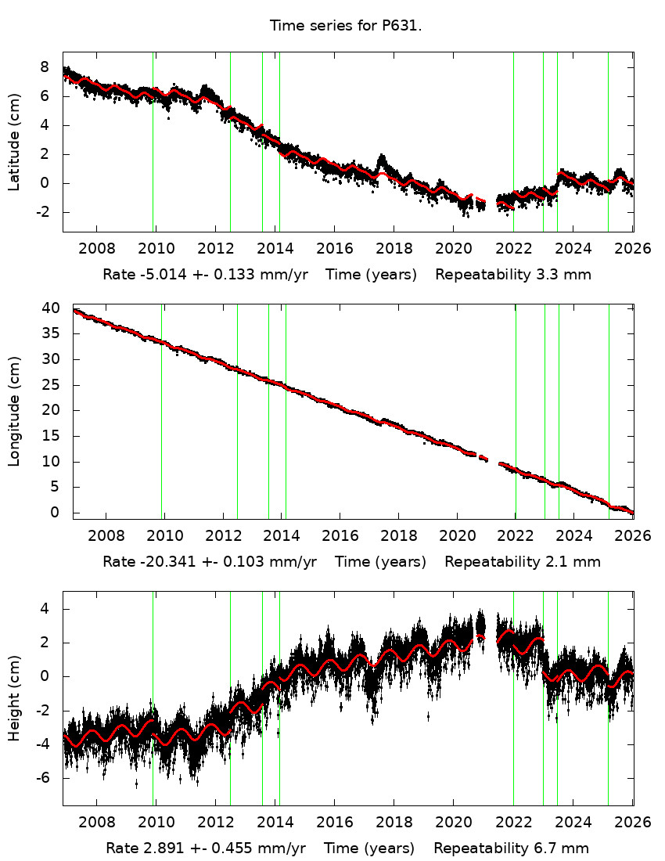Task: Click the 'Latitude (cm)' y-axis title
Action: [14, 142]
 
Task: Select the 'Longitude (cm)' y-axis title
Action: [14, 411]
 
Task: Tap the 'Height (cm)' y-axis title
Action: [14, 698]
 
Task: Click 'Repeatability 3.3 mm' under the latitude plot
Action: [512, 275]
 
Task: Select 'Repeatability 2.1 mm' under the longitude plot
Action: [522, 561]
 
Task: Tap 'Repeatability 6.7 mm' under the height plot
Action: [511, 848]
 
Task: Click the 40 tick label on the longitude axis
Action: [51, 308]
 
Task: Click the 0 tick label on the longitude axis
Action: [54, 513]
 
